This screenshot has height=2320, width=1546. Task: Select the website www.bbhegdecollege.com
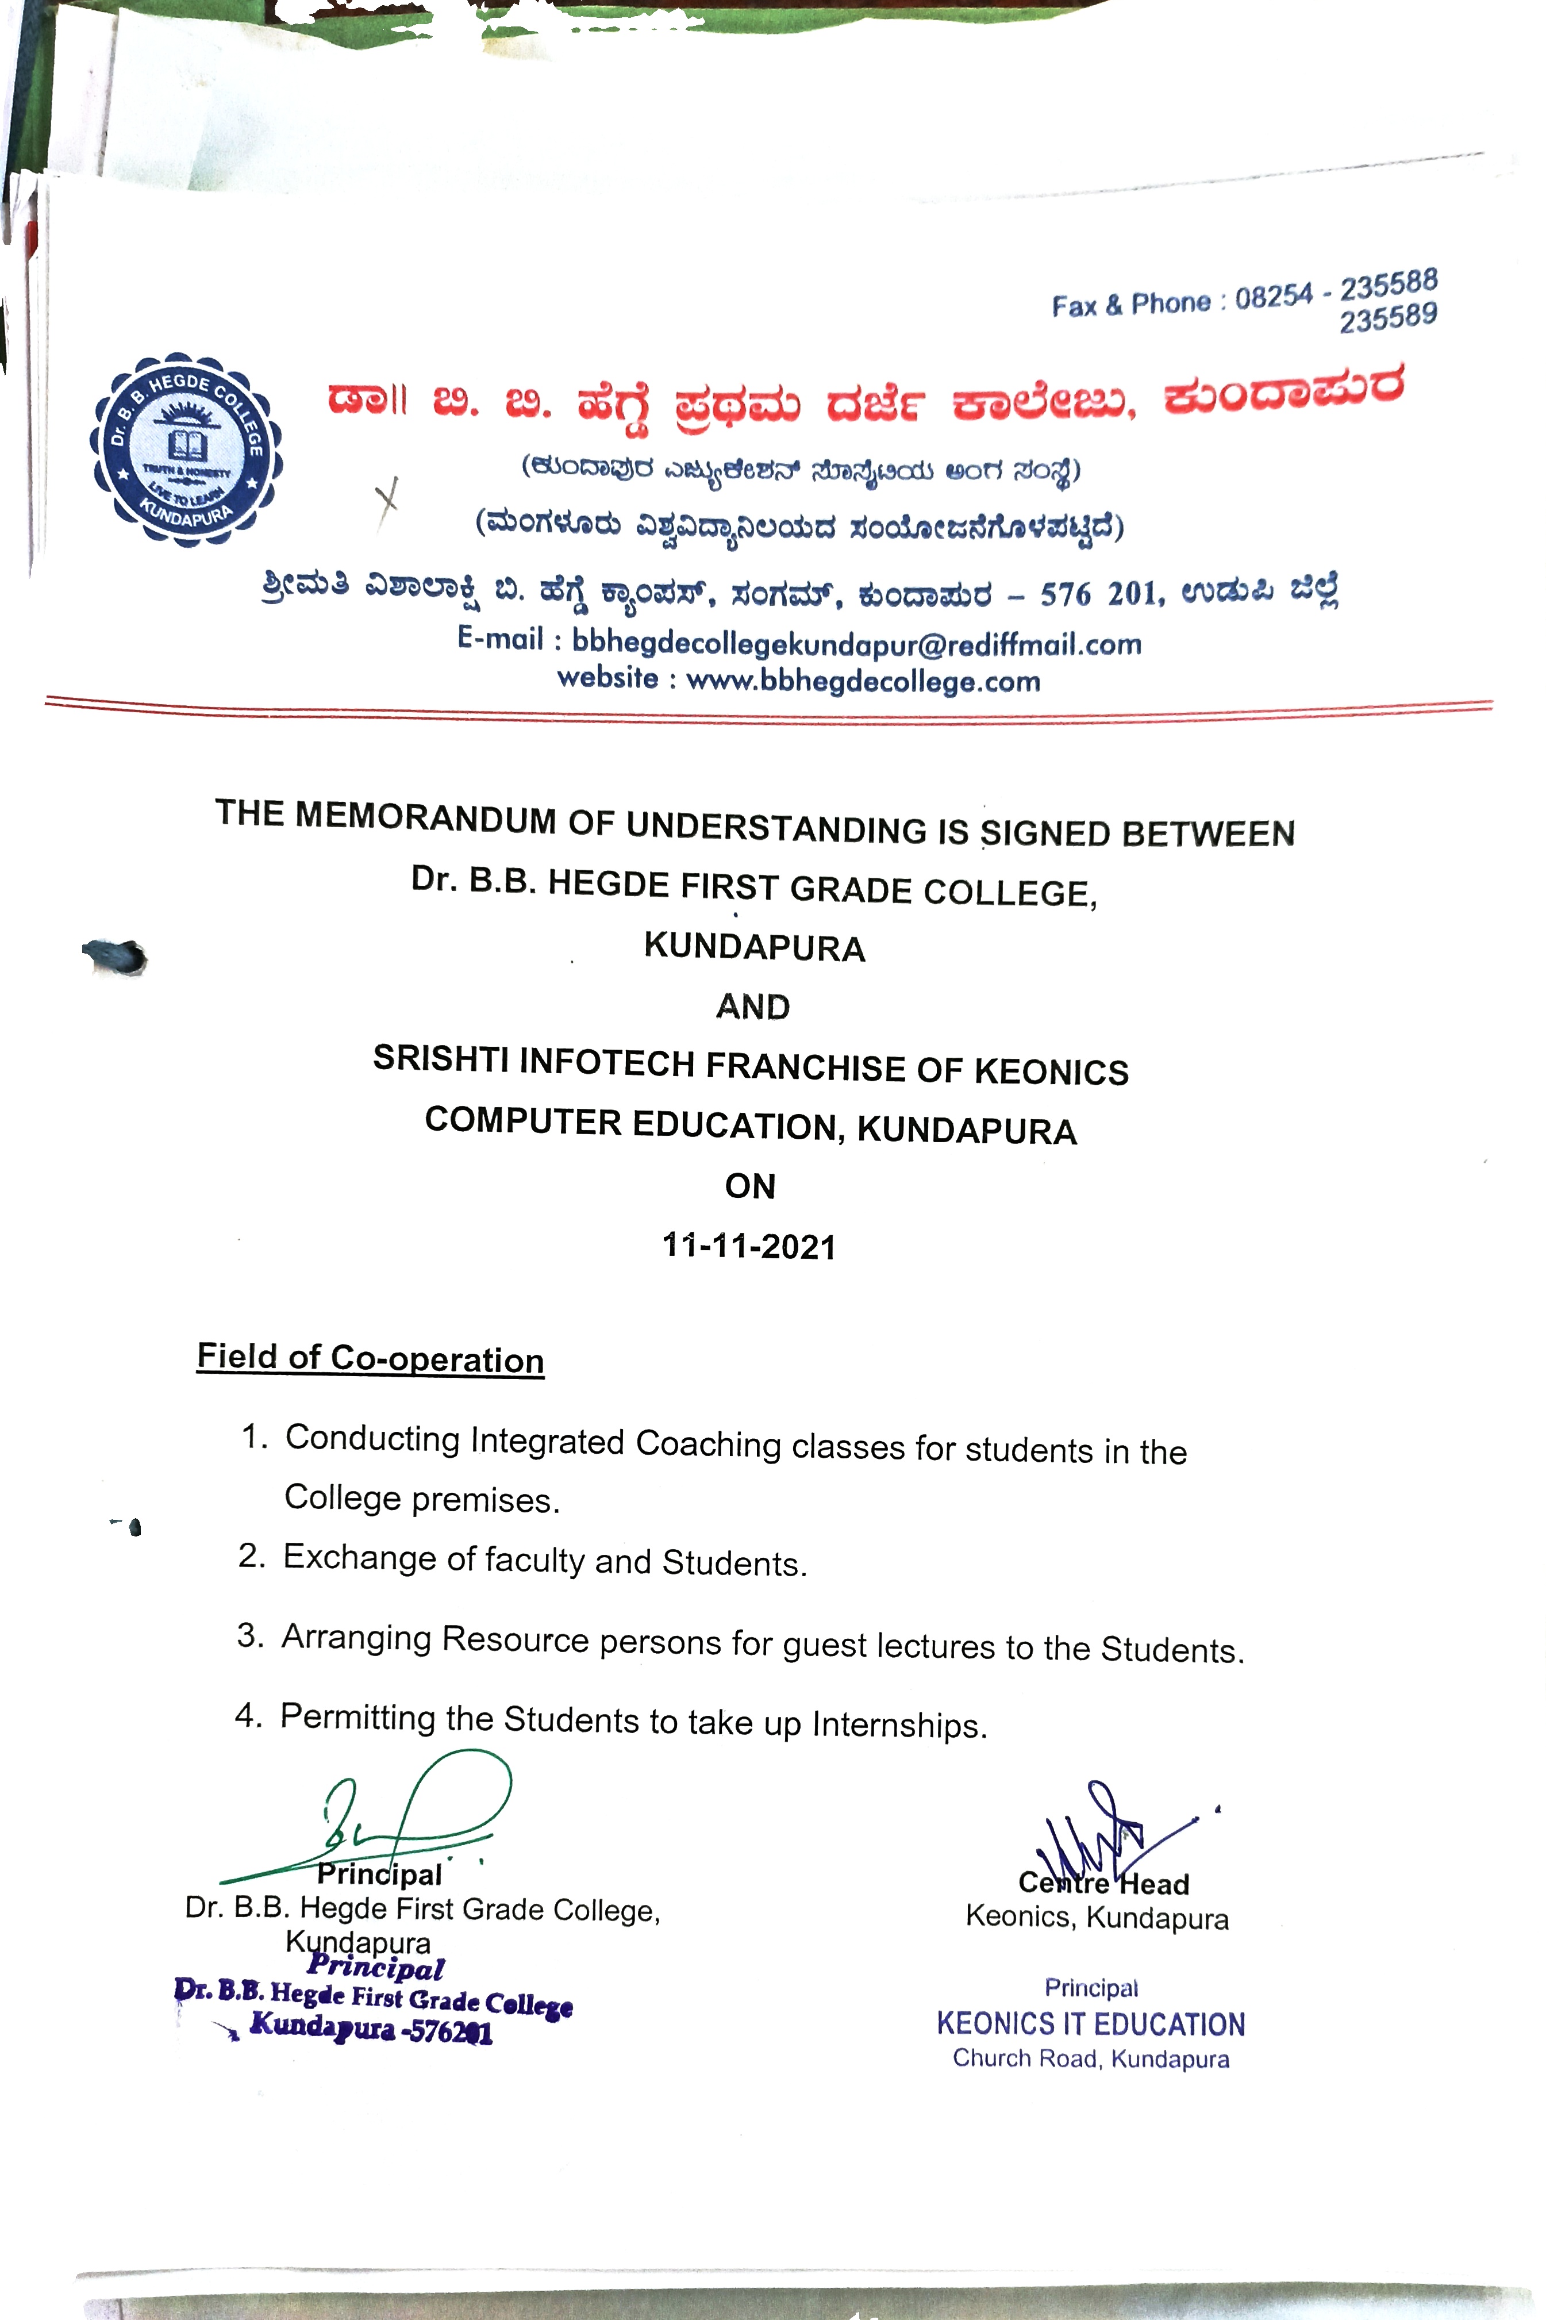(x=863, y=681)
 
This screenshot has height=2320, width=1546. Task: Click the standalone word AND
(x=752, y=1007)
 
